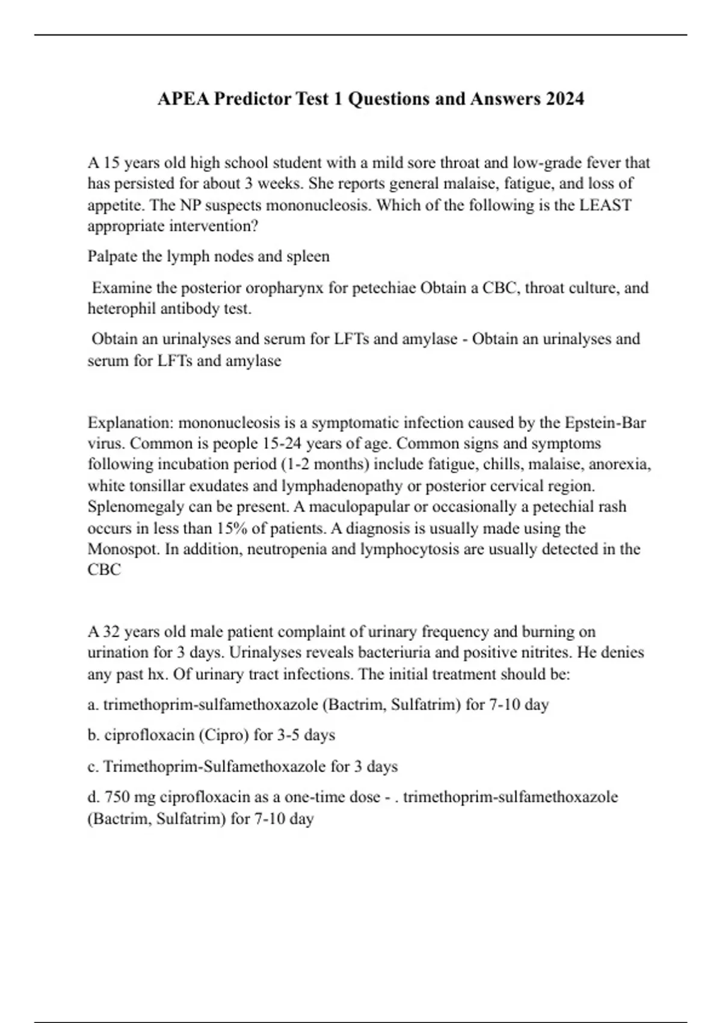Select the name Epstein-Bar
pos(605,422)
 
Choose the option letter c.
pos(93,767)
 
